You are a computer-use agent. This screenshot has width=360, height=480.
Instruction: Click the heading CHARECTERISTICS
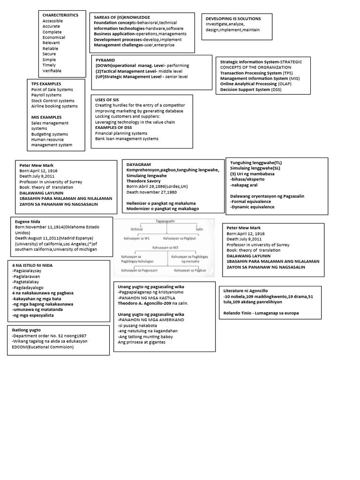[x=60, y=15]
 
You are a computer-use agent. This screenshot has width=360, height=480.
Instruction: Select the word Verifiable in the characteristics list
[x=52, y=71]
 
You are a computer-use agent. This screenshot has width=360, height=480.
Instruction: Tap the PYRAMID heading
[x=105, y=61]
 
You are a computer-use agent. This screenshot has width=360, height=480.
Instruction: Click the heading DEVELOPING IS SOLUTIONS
[x=233, y=19]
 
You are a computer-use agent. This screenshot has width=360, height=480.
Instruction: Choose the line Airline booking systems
[x=54, y=106]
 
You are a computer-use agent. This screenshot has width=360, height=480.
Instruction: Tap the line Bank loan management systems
[x=127, y=139]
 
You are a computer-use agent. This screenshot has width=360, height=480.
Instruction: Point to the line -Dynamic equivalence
[x=253, y=207]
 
